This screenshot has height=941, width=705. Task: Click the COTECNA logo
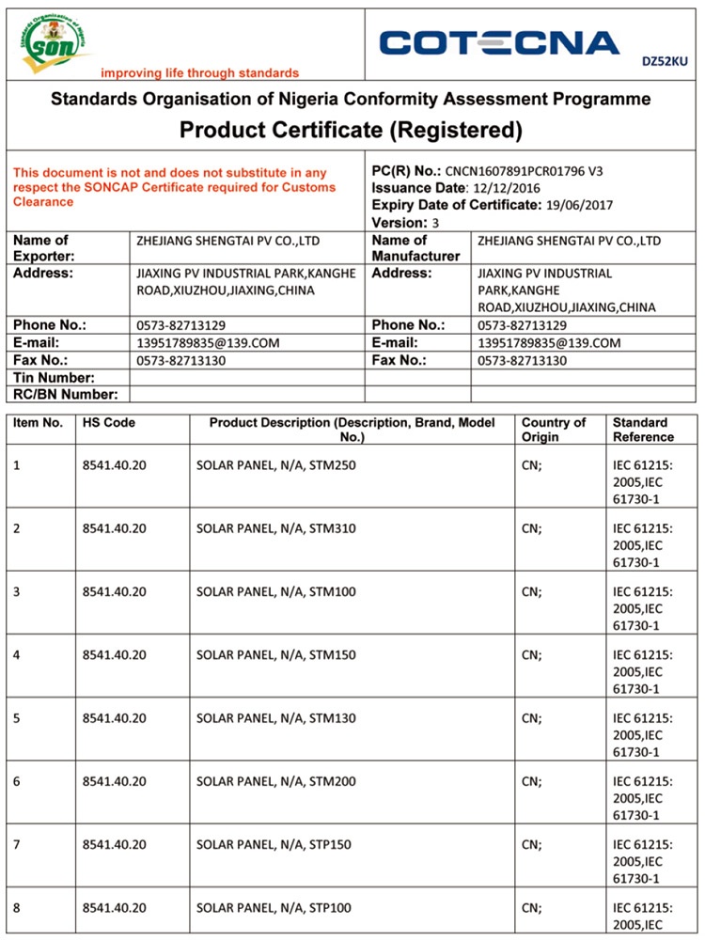pyautogui.click(x=499, y=42)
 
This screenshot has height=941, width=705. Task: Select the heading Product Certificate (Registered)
pyautogui.click(x=351, y=129)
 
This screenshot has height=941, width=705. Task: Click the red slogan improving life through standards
pyautogui.click(x=199, y=73)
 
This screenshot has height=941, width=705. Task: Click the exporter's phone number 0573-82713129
pyautogui.click(x=180, y=325)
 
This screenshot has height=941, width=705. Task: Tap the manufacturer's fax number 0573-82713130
pyautogui.click(x=523, y=361)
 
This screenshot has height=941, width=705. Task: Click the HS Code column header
pyautogui.click(x=109, y=423)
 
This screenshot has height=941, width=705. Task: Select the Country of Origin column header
pyautogui.click(x=554, y=430)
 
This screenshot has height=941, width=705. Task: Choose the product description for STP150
pyautogui.click(x=274, y=845)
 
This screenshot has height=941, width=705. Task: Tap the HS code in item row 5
pyautogui.click(x=115, y=718)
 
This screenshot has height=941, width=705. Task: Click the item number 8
pyautogui.click(x=17, y=908)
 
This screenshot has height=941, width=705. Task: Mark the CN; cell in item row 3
pyautogui.click(x=532, y=591)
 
